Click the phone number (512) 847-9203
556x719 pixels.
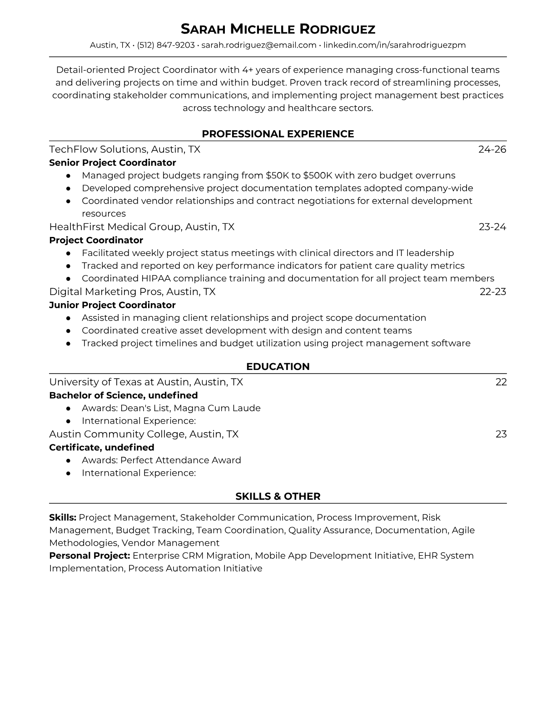(165, 45)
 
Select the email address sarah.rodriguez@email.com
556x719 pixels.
(258, 45)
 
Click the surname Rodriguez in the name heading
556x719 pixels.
(337, 29)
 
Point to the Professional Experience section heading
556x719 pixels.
(278, 134)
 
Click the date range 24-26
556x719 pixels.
(492, 149)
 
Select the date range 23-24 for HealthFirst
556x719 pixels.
(492, 227)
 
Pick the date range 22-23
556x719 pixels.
(492, 291)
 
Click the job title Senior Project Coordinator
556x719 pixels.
(112, 163)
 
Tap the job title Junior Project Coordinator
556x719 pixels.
(112, 305)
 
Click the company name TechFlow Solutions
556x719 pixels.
(97, 149)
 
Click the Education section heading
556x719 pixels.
(278, 367)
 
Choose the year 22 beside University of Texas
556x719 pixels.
(501, 382)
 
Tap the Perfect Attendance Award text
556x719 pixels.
(180, 460)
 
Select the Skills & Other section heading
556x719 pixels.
(278, 497)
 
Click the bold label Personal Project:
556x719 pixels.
(89, 556)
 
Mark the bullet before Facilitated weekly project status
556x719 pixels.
(68, 253)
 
